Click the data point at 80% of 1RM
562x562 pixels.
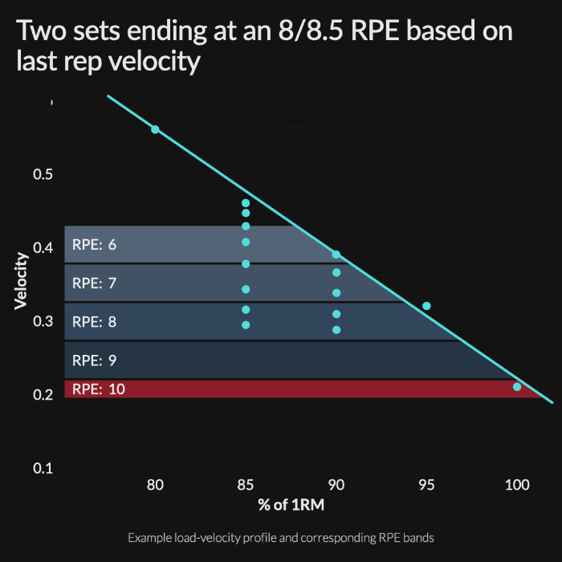155,129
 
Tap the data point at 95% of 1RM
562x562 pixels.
426,306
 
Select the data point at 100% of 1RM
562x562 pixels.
517,387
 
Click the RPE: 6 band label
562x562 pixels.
94,245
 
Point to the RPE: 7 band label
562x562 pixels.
94,283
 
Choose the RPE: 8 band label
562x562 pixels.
94,322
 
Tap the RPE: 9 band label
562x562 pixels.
94,360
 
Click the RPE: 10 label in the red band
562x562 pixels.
97,389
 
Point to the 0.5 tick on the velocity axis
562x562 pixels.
42,175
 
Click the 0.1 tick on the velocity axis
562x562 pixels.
42,468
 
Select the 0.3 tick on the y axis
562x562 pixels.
42,322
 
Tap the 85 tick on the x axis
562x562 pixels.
246,485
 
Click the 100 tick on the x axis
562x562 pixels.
517,485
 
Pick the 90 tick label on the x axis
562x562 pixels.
336,485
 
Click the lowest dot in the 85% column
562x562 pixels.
246,325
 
